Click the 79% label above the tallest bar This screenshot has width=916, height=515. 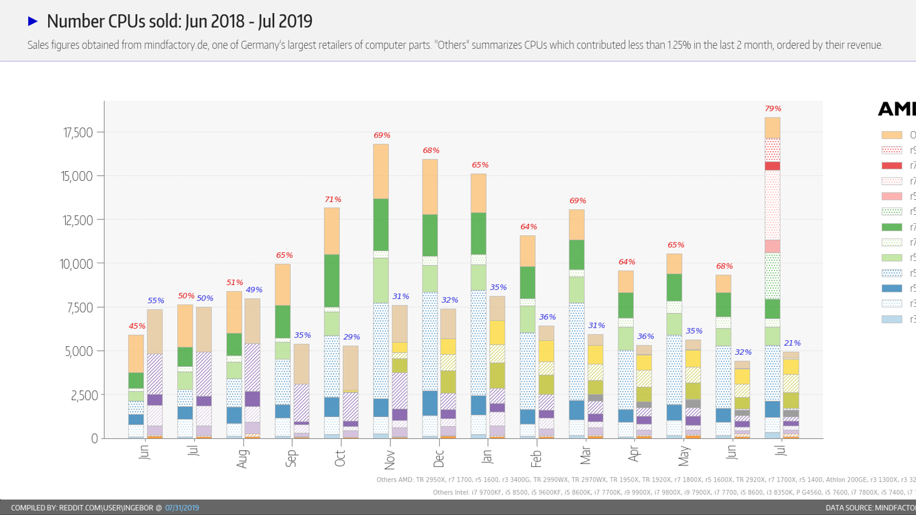tap(773, 109)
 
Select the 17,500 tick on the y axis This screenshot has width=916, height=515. tap(78, 133)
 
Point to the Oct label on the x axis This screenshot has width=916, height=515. tap(340, 458)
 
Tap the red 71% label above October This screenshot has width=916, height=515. tap(333, 200)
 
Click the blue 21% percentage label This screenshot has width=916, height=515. tap(792, 343)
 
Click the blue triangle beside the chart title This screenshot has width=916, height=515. tap(33, 21)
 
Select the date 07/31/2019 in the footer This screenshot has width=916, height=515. tap(182, 508)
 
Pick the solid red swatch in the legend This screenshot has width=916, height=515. tap(891, 165)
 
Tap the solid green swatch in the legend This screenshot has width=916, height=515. tap(891, 227)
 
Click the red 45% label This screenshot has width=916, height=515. tap(137, 326)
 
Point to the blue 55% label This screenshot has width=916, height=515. tap(156, 301)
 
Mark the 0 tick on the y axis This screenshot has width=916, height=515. tap(94, 439)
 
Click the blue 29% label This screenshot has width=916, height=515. tap(352, 337)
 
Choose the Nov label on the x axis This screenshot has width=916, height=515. tap(389, 459)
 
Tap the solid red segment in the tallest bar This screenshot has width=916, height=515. tap(772, 166)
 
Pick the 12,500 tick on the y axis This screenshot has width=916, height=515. tap(78, 220)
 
